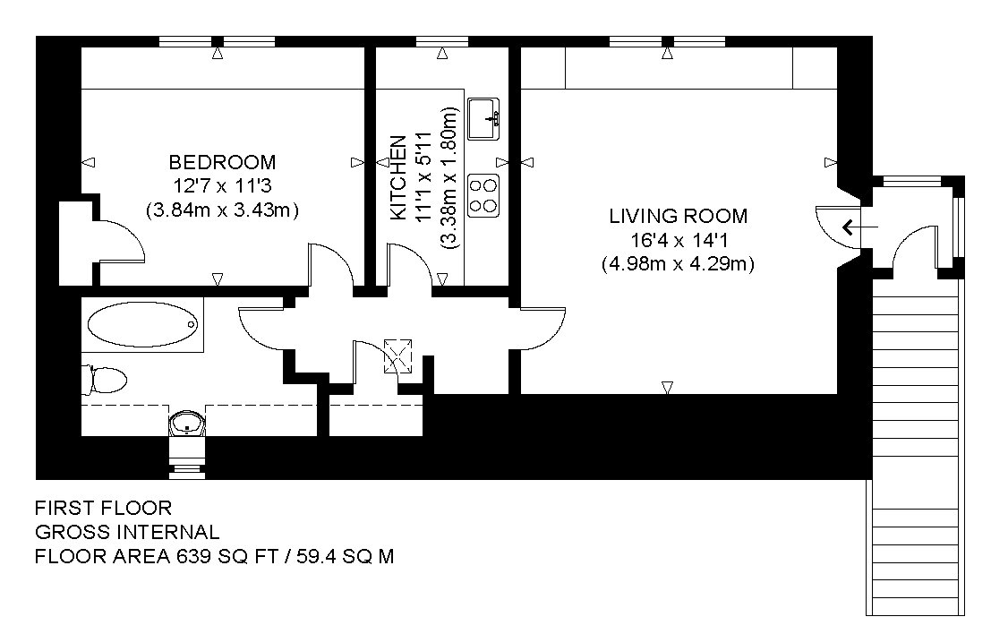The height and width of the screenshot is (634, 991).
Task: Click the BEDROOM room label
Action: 223,162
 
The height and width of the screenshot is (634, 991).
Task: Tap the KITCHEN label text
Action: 398,178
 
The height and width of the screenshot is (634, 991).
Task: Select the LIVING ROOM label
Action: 679,216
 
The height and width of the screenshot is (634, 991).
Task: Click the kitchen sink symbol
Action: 483,119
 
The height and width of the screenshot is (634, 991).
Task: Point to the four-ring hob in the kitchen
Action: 483,196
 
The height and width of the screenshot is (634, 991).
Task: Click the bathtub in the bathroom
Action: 143,324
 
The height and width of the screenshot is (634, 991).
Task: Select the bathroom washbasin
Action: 187,424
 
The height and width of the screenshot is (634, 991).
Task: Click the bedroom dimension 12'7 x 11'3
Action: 223,186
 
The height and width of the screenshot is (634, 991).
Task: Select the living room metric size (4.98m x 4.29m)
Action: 679,263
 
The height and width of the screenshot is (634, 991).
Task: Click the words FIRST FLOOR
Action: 103,508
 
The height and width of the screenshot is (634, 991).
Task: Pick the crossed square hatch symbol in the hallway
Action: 398,356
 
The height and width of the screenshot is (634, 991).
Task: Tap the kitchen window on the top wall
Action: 442,42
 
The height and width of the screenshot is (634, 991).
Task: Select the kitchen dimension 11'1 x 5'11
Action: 423,177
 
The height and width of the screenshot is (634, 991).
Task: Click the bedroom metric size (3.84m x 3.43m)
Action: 223,210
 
